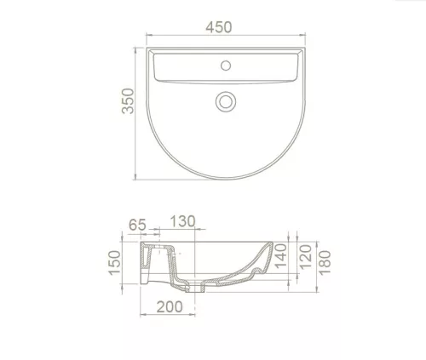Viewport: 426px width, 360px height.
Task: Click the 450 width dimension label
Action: coord(219,27)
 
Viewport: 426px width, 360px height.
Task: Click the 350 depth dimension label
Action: coord(128,101)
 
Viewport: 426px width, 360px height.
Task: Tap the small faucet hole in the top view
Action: coord(226,66)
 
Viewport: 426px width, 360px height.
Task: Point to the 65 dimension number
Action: coord(137,225)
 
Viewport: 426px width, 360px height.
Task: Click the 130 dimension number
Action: coord(183,221)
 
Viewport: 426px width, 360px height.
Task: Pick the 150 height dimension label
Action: coord(115,263)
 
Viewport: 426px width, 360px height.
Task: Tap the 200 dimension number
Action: coord(170,307)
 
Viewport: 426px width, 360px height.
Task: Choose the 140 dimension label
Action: coord(280,256)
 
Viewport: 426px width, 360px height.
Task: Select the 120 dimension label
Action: coord(306,257)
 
